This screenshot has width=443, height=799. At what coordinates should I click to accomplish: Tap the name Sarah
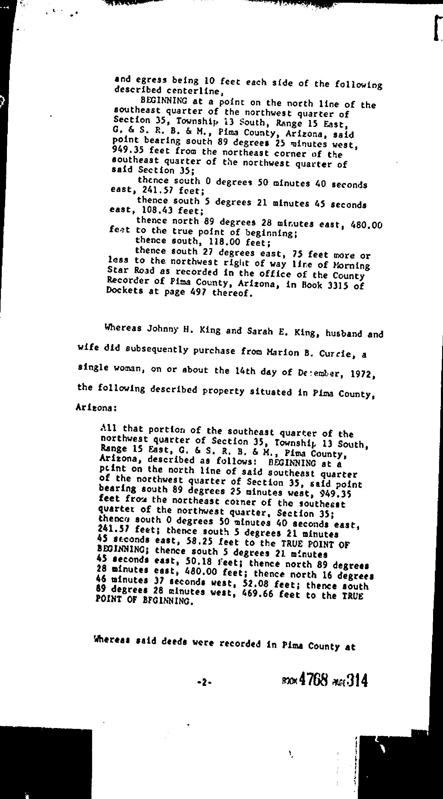click(x=259, y=332)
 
